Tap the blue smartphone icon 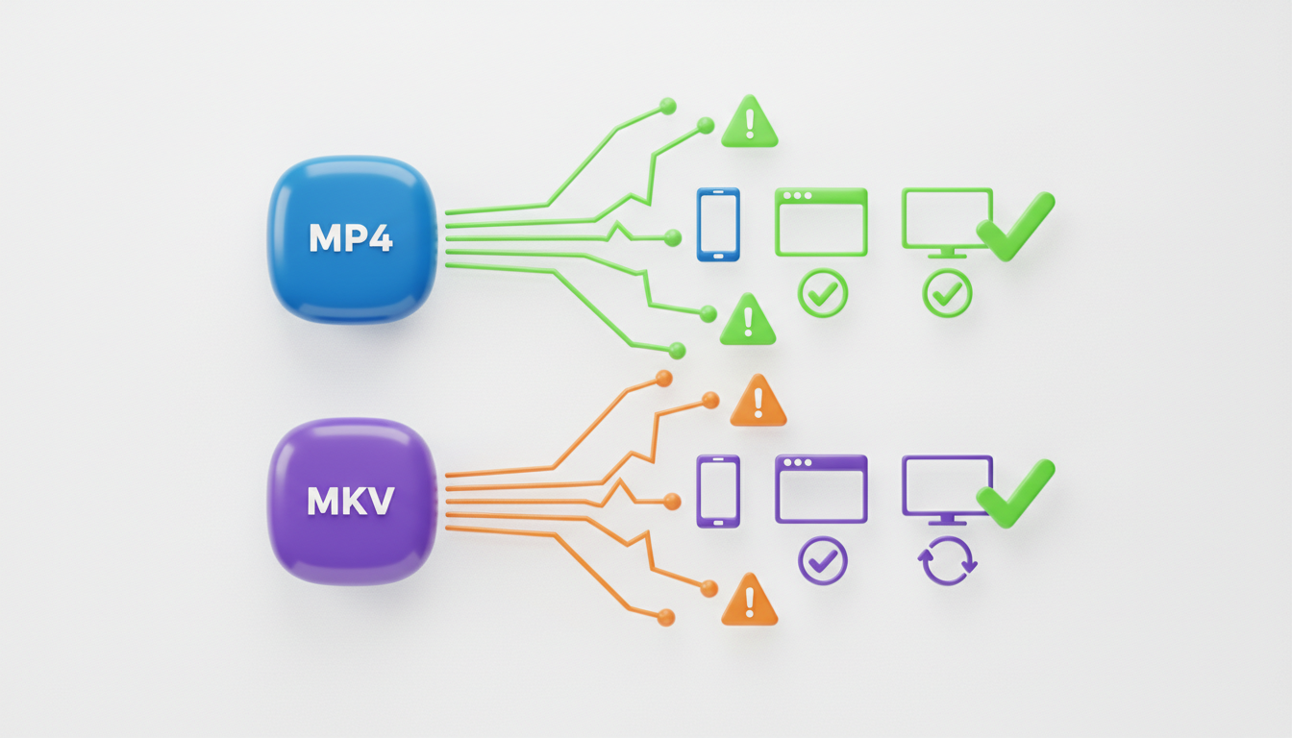click(x=717, y=224)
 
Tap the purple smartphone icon click(x=717, y=490)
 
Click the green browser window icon click(x=821, y=222)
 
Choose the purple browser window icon click(x=821, y=488)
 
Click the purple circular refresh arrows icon click(x=948, y=561)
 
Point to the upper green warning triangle click(x=749, y=123)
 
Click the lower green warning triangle click(x=748, y=321)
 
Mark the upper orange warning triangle click(x=758, y=402)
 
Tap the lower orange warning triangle click(x=749, y=602)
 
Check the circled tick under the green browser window click(x=823, y=294)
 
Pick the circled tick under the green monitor click(x=948, y=294)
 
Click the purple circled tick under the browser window click(x=823, y=560)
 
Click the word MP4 click(x=351, y=238)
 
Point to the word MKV click(x=351, y=503)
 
